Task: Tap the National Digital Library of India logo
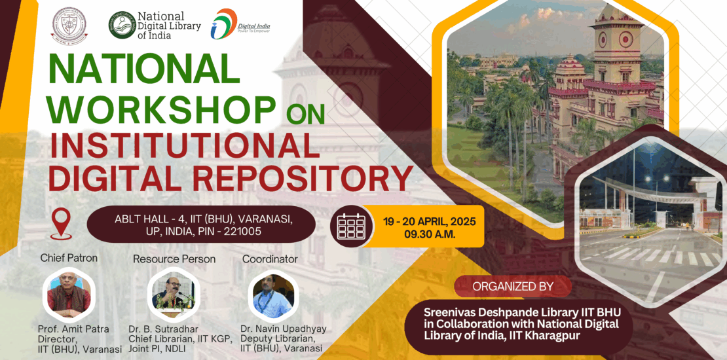pos(155,25)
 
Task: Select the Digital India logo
pos(240,24)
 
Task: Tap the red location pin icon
pos(62,223)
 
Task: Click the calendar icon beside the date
pos(351,226)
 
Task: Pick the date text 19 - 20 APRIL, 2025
pos(430,221)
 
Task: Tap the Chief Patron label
pos(69,258)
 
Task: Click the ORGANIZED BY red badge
pos(512,286)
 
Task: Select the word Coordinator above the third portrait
pos(270,259)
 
